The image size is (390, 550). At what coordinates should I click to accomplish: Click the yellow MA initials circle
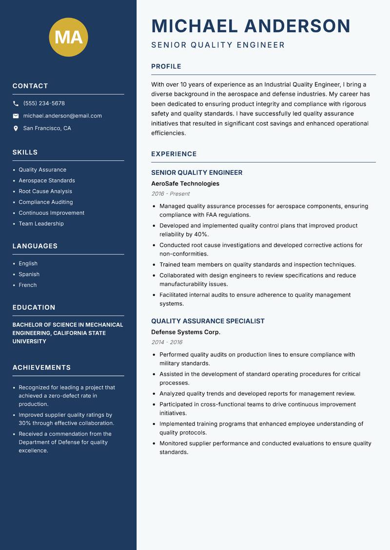pyautogui.click(x=68, y=37)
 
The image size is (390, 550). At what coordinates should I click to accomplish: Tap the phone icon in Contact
pyautogui.click(x=16, y=104)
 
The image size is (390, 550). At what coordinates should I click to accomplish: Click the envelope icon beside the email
pyautogui.click(x=16, y=116)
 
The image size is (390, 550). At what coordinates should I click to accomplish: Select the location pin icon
pyautogui.click(x=16, y=128)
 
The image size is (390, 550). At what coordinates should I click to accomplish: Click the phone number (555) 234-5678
pyautogui.click(x=44, y=104)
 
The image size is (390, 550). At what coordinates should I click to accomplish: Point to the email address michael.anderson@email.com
pyautogui.click(x=62, y=116)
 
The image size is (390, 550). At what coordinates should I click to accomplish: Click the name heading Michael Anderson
pyautogui.click(x=251, y=26)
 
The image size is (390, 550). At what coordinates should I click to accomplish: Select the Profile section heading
pyautogui.click(x=166, y=67)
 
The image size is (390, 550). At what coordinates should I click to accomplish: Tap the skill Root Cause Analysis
pyautogui.click(x=45, y=191)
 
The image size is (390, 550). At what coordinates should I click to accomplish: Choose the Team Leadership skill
pyautogui.click(x=41, y=224)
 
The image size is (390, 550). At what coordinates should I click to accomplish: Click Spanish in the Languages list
pyautogui.click(x=29, y=275)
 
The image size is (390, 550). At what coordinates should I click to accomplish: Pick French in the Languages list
pyautogui.click(x=27, y=285)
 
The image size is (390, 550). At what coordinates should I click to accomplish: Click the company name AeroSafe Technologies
pyautogui.click(x=185, y=184)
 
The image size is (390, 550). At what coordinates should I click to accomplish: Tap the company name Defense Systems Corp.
pyautogui.click(x=186, y=332)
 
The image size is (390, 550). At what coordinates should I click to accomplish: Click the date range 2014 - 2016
pyautogui.click(x=167, y=342)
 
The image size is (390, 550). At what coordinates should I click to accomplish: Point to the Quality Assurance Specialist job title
pyautogui.click(x=208, y=321)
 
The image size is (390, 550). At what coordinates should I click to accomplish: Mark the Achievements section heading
pyautogui.click(x=41, y=367)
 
